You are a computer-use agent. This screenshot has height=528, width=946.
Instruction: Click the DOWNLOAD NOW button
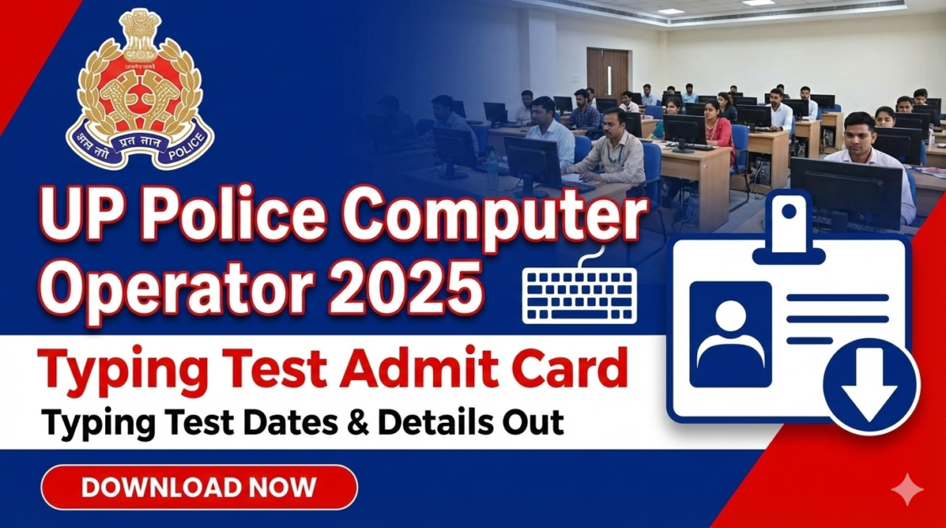tap(199, 487)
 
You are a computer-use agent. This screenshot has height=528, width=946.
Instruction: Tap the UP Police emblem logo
tap(139, 91)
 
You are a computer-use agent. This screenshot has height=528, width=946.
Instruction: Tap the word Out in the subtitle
tap(535, 421)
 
